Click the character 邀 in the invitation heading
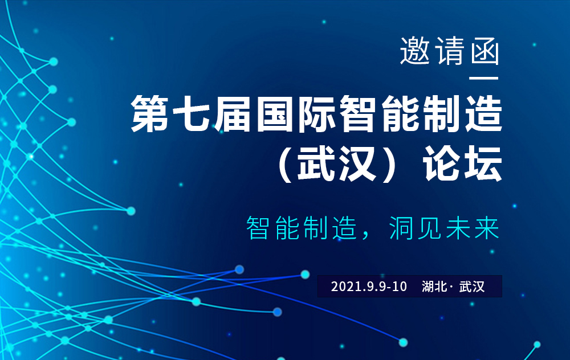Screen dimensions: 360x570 pos(414,52)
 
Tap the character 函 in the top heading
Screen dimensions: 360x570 pos(484,52)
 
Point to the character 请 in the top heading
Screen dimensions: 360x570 pos(450,52)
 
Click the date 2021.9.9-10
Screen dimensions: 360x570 pos(369,287)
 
